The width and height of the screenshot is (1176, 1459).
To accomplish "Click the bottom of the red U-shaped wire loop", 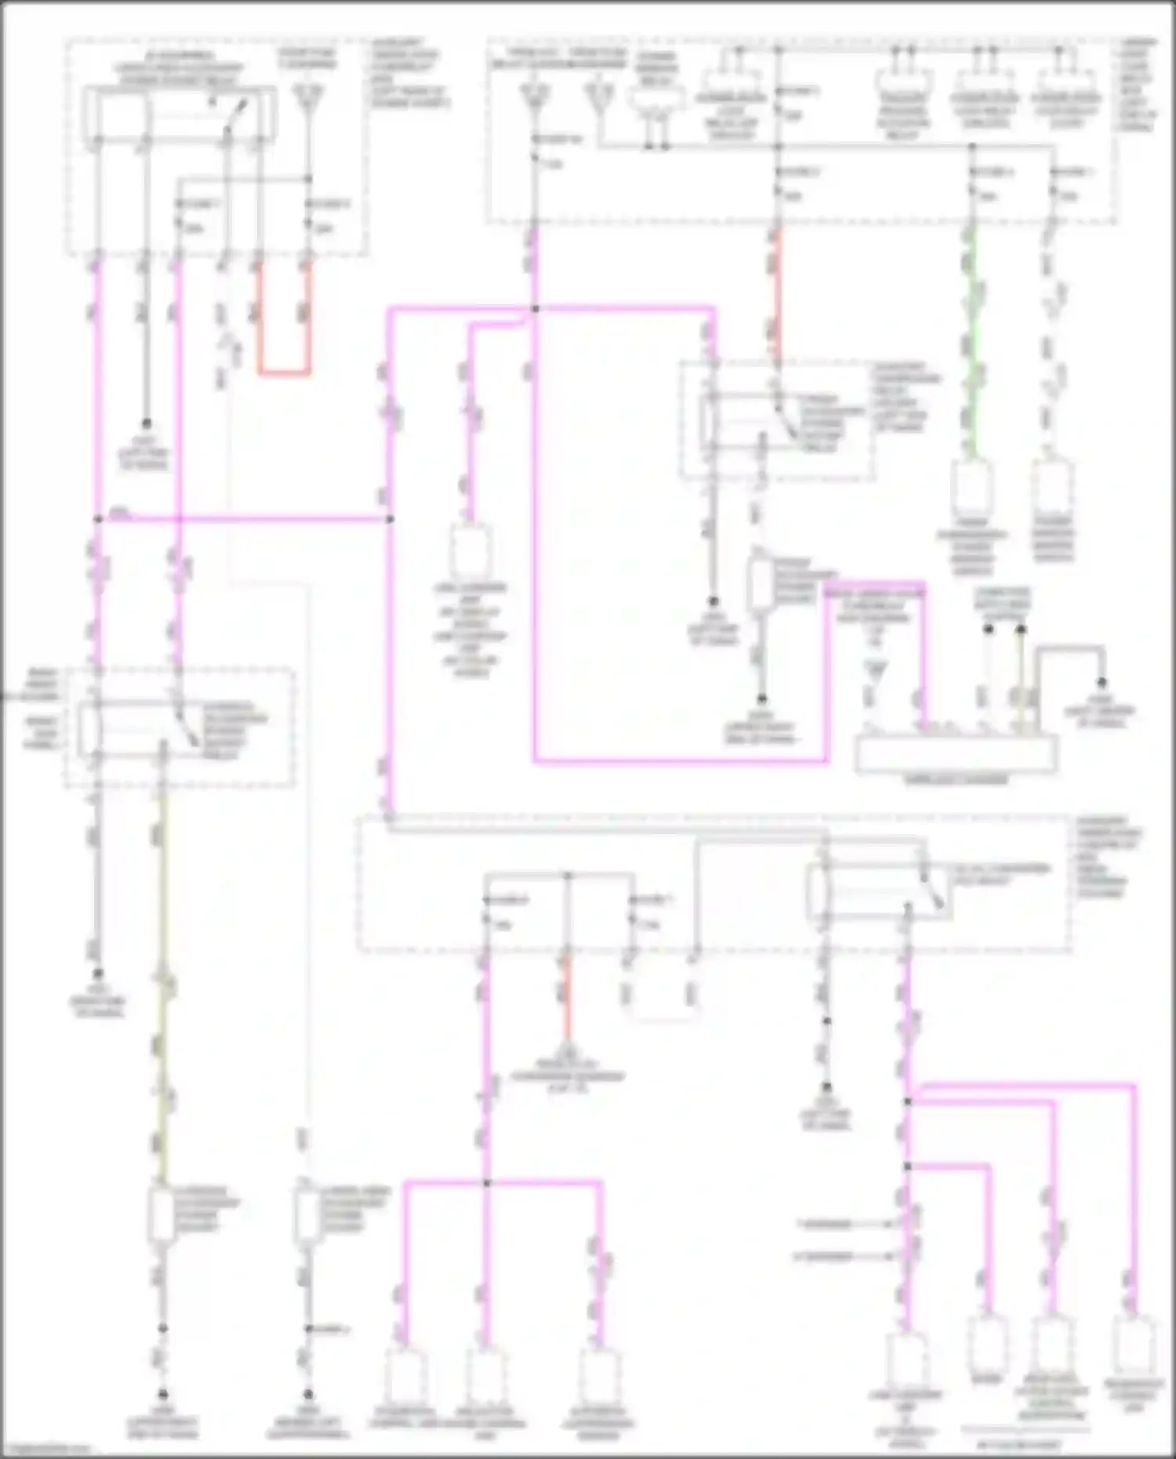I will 284,371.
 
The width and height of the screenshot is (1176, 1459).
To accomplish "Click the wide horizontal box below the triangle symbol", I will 956,755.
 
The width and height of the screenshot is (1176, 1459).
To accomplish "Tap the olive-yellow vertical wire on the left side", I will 162,980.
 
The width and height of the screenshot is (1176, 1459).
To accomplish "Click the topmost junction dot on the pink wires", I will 535,309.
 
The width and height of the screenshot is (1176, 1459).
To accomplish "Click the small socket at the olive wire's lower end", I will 161,1216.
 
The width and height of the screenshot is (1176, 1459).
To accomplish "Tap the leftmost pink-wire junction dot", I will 98,519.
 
